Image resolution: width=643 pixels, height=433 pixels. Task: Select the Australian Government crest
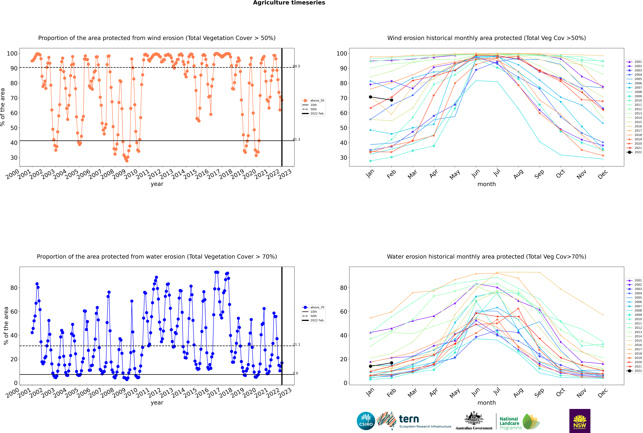(x=474, y=419)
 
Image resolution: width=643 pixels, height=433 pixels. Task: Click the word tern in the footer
(x=409, y=419)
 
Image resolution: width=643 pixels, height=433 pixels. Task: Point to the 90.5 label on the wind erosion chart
(x=296, y=66)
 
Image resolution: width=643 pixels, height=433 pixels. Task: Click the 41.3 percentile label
(x=296, y=139)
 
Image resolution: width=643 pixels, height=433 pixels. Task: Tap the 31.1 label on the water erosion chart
(x=296, y=345)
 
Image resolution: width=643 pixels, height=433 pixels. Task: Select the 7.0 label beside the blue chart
(x=296, y=373)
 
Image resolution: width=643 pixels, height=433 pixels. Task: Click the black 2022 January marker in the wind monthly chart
(x=370, y=97)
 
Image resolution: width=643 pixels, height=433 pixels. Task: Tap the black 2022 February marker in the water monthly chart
(x=391, y=363)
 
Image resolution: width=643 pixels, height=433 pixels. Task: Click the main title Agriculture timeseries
(x=289, y=3)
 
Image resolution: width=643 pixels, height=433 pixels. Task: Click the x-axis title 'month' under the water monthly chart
(x=487, y=403)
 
